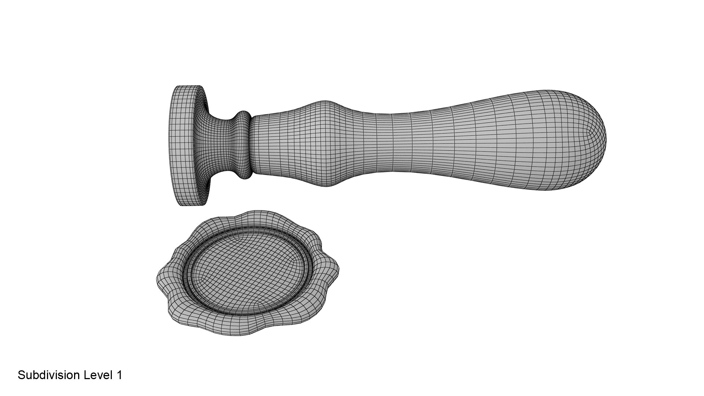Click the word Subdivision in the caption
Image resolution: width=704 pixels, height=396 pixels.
tap(49, 375)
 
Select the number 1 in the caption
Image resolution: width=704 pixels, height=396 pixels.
tap(119, 375)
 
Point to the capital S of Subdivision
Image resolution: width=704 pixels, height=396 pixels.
tap(21, 375)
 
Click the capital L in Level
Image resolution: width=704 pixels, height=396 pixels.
tap(86, 375)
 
